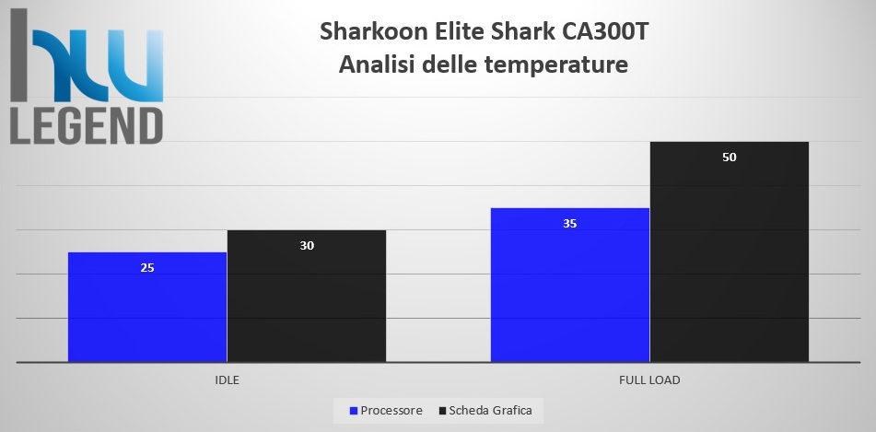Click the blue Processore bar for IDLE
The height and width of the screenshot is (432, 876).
[x=147, y=308]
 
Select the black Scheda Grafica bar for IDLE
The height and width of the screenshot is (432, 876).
[x=307, y=297]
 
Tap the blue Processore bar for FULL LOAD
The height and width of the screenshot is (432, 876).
[x=570, y=285]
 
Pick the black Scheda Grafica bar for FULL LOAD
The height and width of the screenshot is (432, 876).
[x=729, y=252]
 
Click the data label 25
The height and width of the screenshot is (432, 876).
[x=147, y=268]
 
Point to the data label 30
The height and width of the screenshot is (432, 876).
[x=307, y=245]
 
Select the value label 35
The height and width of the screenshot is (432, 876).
[x=570, y=224]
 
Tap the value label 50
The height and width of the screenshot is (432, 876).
[x=729, y=157]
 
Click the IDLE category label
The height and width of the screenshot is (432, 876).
[x=227, y=380]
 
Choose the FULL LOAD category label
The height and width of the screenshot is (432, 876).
[x=649, y=380]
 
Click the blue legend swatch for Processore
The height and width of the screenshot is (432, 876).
[x=353, y=411]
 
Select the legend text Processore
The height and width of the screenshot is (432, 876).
[x=391, y=411]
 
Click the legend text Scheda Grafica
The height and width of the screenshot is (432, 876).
[x=491, y=411]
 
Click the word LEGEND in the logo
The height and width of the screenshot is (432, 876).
[x=87, y=126]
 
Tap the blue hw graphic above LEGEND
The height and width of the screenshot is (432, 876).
[x=99, y=64]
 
